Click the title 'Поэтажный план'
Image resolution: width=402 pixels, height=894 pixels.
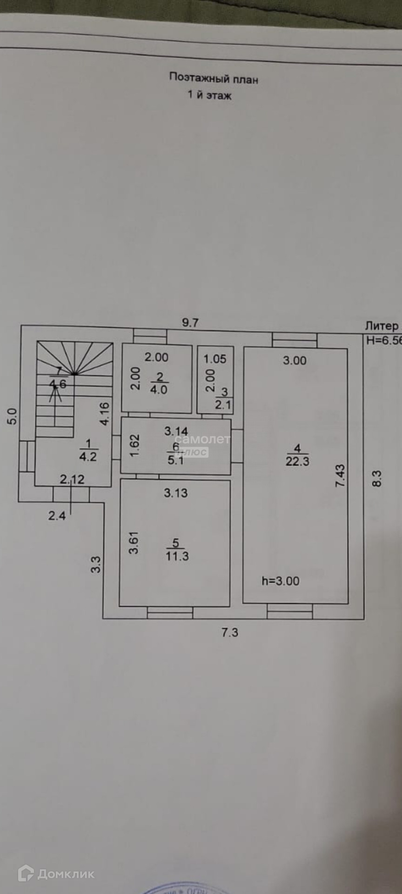(213, 78)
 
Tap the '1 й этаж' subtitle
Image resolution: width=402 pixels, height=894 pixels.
(209, 95)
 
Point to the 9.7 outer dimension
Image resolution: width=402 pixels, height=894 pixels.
(190, 322)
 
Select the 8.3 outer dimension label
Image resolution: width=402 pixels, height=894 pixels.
(377, 479)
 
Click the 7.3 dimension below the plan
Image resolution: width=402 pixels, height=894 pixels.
(229, 632)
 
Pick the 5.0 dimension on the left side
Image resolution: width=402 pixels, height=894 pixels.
(12, 416)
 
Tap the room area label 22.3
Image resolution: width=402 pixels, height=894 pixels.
(297, 461)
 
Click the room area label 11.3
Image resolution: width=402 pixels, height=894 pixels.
(177, 555)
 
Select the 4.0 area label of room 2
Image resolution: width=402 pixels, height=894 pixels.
(159, 389)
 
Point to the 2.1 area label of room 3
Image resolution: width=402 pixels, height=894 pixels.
(223, 405)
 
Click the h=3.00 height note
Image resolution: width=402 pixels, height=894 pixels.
(280, 581)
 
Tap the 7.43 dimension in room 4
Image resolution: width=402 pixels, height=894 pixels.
(340, 476)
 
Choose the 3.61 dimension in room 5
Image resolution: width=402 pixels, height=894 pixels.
(134, 542)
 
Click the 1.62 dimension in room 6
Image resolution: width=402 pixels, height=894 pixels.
(134, 446)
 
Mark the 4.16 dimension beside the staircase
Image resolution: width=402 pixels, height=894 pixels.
(105, 413)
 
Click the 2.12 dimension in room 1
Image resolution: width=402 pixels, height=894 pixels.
(72, 479)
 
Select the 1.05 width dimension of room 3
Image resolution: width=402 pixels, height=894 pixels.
(214, 359)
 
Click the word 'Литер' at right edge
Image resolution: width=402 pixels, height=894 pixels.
(382, 326)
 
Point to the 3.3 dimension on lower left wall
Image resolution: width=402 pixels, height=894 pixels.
(95, 564)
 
